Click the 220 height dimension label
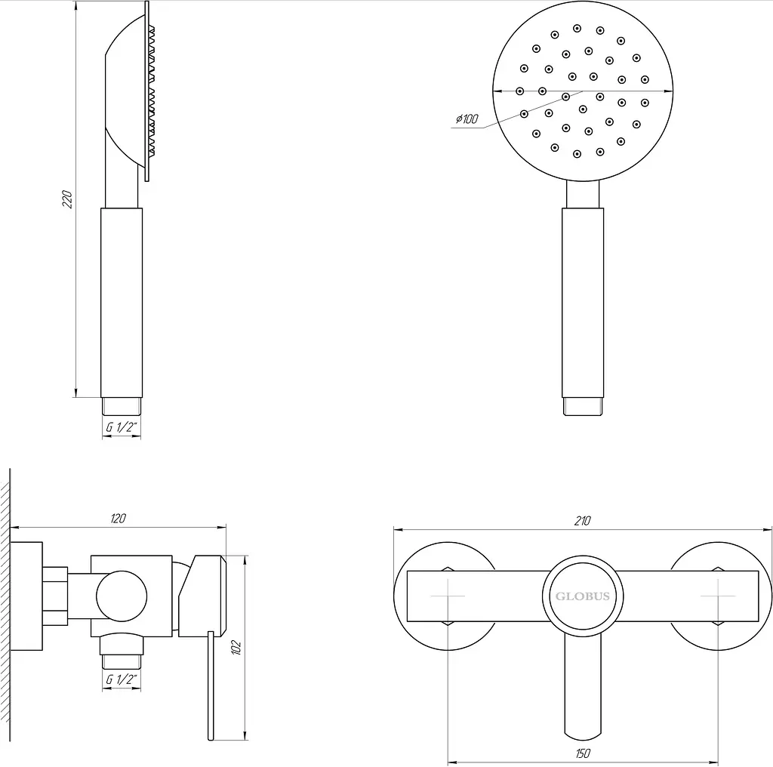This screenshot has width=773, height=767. pyautogui.click(x=67, y=199)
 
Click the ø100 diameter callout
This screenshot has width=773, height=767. pyautogui.click(x=467, y=119)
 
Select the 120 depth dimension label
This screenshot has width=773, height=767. pyautogui.click(x=119, y=519)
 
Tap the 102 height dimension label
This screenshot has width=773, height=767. pyautogui.click(x=236, y=647)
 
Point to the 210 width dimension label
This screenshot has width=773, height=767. pyautogui.click(x=582, y=521)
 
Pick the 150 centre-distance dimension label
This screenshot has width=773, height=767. pyautogui.click(x=583, y=753)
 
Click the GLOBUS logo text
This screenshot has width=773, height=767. pyautogui.click(x=583, y=596)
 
